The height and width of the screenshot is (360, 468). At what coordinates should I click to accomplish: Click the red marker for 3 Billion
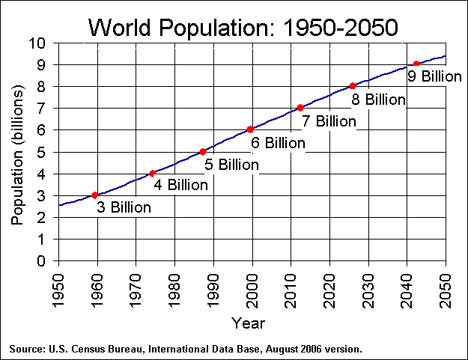95,195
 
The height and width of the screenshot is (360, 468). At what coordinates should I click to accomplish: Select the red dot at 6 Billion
250,129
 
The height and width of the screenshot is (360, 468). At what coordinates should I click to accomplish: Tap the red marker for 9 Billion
416,64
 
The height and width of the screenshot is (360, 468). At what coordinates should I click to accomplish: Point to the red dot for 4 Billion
153,174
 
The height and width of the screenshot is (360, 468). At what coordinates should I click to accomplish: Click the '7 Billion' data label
329,120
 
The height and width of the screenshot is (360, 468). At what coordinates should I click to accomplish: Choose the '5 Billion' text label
231,164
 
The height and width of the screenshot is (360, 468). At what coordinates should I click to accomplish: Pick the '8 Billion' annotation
378,99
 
